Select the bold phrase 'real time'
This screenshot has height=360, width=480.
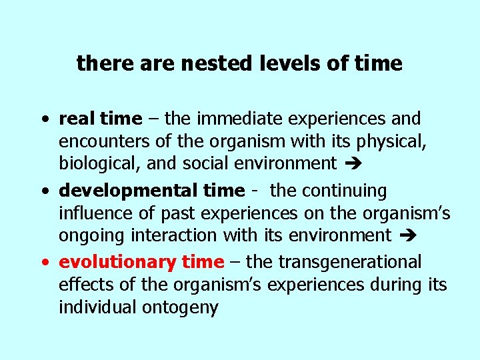(x=101, y=119)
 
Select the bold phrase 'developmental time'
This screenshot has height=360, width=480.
(x=152, y=191)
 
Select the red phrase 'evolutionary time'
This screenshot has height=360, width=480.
(x=141, y=263)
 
